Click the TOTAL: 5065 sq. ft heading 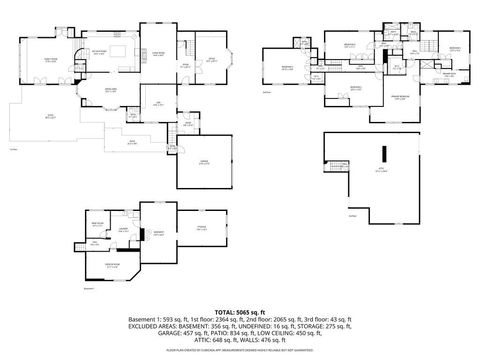pyautogui.click(x=239, y=312)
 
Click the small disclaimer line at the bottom pyautogui.click(x=239, y=352)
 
